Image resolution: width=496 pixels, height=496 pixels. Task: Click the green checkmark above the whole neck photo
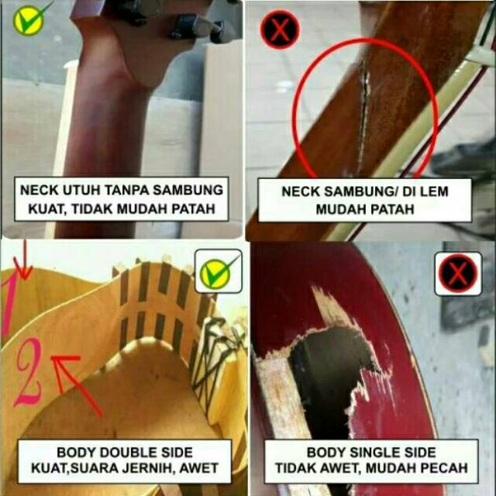(29, 19)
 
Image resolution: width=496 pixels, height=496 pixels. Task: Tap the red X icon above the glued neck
(280, 29)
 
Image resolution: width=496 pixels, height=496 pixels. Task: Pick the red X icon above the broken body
(458, 274)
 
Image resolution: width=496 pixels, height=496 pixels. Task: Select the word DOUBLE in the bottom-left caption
(121, 453)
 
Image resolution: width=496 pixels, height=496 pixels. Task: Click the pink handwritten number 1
(9, 304)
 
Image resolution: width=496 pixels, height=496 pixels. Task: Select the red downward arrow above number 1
(23, 260)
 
